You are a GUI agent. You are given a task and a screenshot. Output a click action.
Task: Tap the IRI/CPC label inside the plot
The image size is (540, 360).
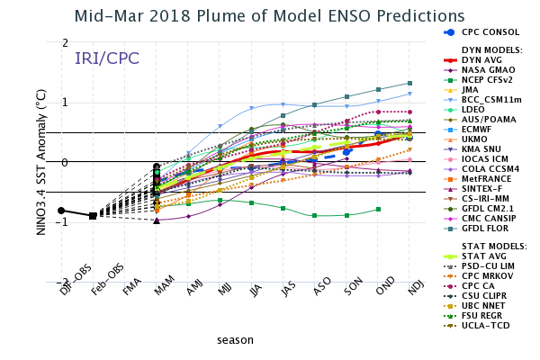pos(106,58)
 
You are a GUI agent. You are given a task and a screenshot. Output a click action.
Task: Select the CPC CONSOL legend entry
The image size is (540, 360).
pos(490,31)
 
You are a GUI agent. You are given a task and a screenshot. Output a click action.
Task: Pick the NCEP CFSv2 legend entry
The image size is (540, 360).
pos(491,80)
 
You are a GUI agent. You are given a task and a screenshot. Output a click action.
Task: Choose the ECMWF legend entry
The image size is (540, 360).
pos(482,129)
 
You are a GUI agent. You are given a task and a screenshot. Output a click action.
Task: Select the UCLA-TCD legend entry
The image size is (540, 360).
pos(487,325)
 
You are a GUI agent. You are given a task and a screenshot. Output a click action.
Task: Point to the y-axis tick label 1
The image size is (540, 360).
pos(64,103)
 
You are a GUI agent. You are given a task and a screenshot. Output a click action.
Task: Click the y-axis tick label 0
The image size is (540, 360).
pos(64,162)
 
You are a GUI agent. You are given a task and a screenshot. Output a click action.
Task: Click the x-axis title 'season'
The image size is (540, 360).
pos(234,340)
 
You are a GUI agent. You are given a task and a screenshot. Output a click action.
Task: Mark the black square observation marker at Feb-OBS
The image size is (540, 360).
pos(93,215)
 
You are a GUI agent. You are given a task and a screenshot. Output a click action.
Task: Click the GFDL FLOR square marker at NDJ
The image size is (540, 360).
pos(409,83)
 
